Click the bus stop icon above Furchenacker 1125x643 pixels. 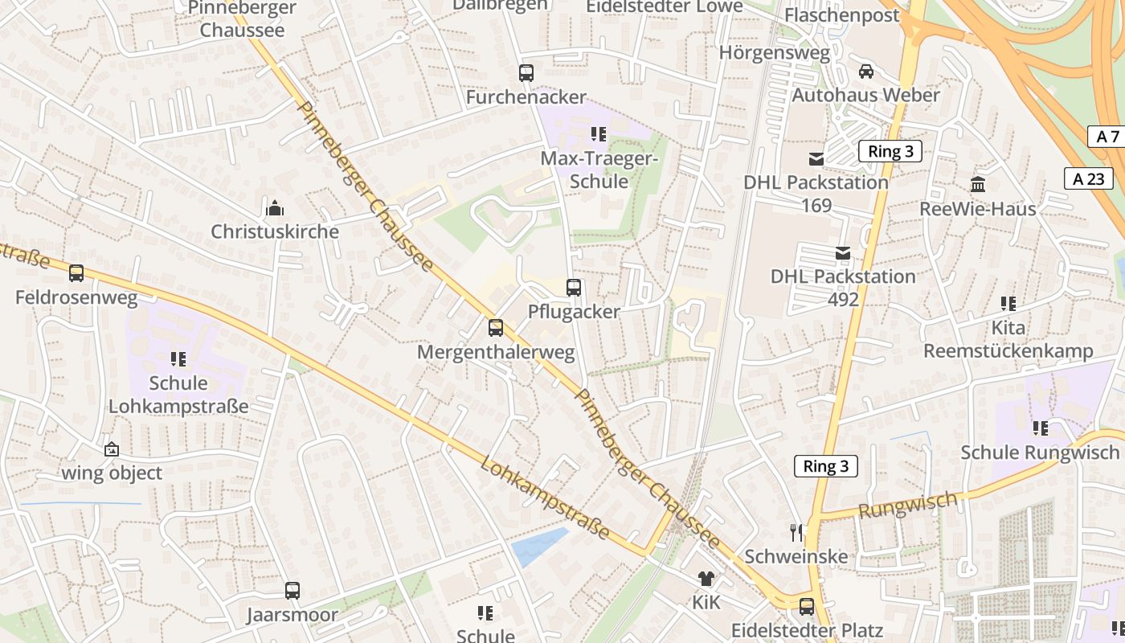[526, 73]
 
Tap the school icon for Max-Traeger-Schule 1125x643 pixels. [598, 133]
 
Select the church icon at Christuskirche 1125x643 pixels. [275, 209]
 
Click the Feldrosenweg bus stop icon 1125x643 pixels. [76, 273]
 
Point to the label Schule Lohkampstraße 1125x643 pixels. [178, 395]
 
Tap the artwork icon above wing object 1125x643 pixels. [112, 449]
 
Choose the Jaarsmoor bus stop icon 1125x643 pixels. [292, 591]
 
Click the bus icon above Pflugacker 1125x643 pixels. [574, 288]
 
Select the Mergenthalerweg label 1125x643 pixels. [496, 352]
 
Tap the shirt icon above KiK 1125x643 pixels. [706, 578]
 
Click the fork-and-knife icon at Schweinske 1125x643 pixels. [796, 532]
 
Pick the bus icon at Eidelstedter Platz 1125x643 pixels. [807, 606]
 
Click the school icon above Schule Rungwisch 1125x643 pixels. [1041, 428]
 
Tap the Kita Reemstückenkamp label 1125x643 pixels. [1008, 339]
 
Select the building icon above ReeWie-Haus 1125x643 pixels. [978, 185]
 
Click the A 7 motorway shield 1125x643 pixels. [1107, 137]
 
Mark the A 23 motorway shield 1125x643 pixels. [1089, 178]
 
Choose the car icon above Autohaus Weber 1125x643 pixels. [866, 72]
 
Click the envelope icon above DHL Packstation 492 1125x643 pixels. [843, 253]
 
